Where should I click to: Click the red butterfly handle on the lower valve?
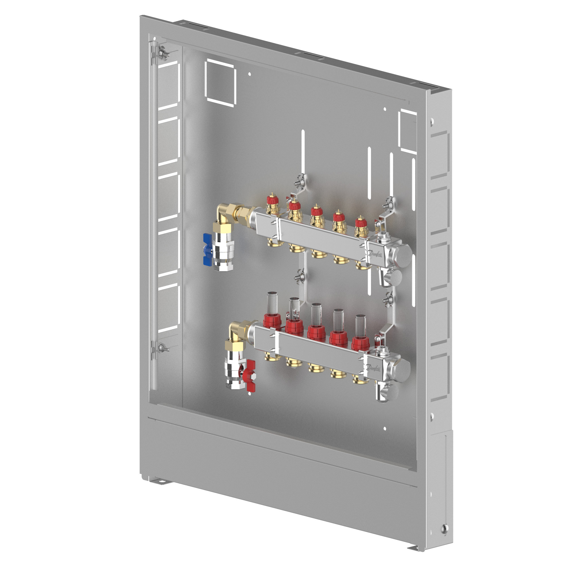pyautogui.click(x=250, y=376)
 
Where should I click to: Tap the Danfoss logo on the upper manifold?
pyautogui.click(x=375, y=253)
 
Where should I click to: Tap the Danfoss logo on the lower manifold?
pyautogui.click(x=374, y=368)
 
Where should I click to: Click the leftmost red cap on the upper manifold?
pyautogui.click(x=272, y=200)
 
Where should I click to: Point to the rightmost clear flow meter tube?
pyautogui.click(x=361, y=326)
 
